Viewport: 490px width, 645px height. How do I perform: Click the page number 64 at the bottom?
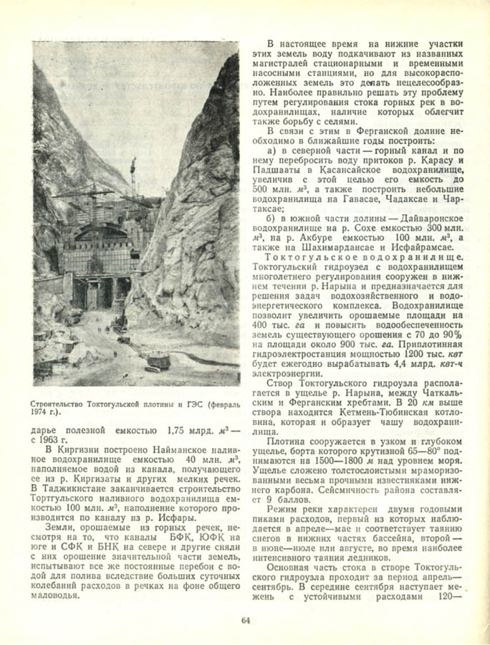pos(245,621)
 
